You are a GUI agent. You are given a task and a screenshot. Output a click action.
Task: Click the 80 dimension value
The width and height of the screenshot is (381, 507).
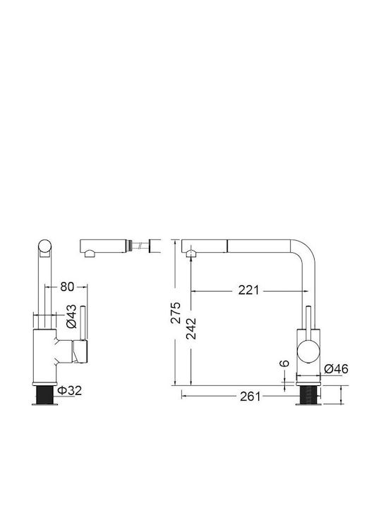67,287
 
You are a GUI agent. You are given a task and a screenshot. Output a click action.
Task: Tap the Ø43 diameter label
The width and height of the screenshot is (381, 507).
71,316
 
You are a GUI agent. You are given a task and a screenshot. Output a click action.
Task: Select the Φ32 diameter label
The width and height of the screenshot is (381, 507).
70,390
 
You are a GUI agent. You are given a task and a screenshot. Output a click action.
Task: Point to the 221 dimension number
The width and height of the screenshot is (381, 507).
249,290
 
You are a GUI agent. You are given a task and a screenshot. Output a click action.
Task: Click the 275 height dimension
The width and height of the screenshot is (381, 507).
176,313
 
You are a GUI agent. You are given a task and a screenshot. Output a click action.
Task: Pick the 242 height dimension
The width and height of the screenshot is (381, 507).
191,329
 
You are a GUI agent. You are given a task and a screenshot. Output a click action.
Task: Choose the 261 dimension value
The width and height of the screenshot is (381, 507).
250,396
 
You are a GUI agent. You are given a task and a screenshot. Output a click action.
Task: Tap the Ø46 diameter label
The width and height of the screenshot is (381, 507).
337,368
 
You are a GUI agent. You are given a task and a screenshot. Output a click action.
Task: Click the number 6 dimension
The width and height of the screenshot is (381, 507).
284,363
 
